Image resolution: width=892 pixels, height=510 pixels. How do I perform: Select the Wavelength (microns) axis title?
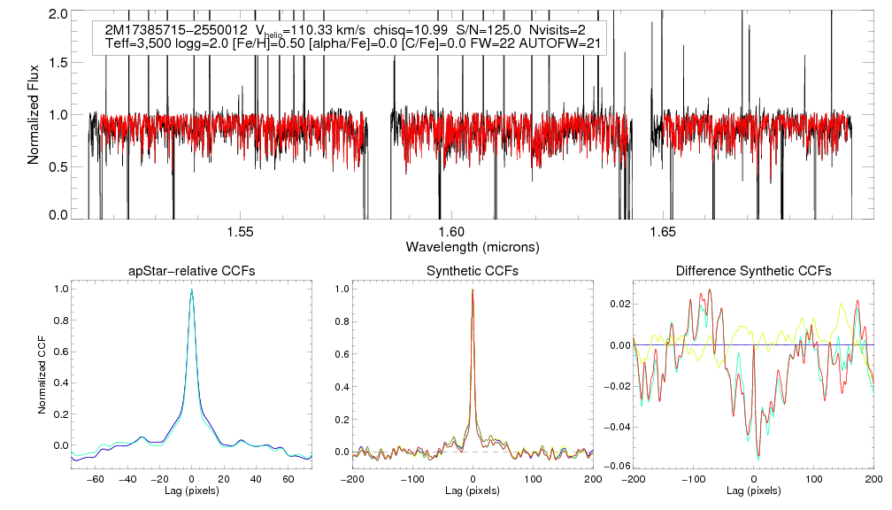coord(473,246)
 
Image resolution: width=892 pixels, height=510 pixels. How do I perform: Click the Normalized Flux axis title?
coord(34,115)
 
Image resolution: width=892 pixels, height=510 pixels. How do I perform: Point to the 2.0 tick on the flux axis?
coord(60,15)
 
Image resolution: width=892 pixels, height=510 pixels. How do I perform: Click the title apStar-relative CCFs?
coord(191,271)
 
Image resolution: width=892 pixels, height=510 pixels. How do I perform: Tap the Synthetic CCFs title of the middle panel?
coord(473,271)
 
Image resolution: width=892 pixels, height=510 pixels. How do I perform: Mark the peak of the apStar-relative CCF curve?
coord(191,289)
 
